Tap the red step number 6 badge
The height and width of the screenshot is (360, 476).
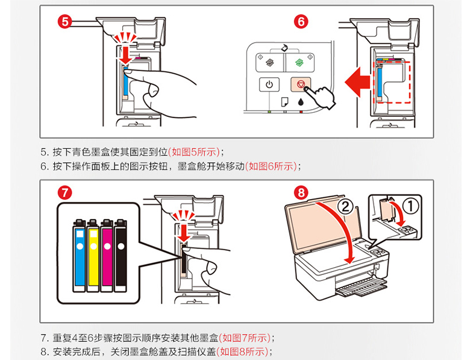click(x=302, y=22)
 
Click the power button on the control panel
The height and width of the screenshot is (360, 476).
click(x=269, y=85)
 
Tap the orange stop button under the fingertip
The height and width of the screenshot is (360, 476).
click(x=301, y=85)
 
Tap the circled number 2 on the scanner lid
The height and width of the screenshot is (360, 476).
click(x=343, y=207)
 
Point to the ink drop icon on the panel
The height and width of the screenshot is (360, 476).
click(x=301, y=103)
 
